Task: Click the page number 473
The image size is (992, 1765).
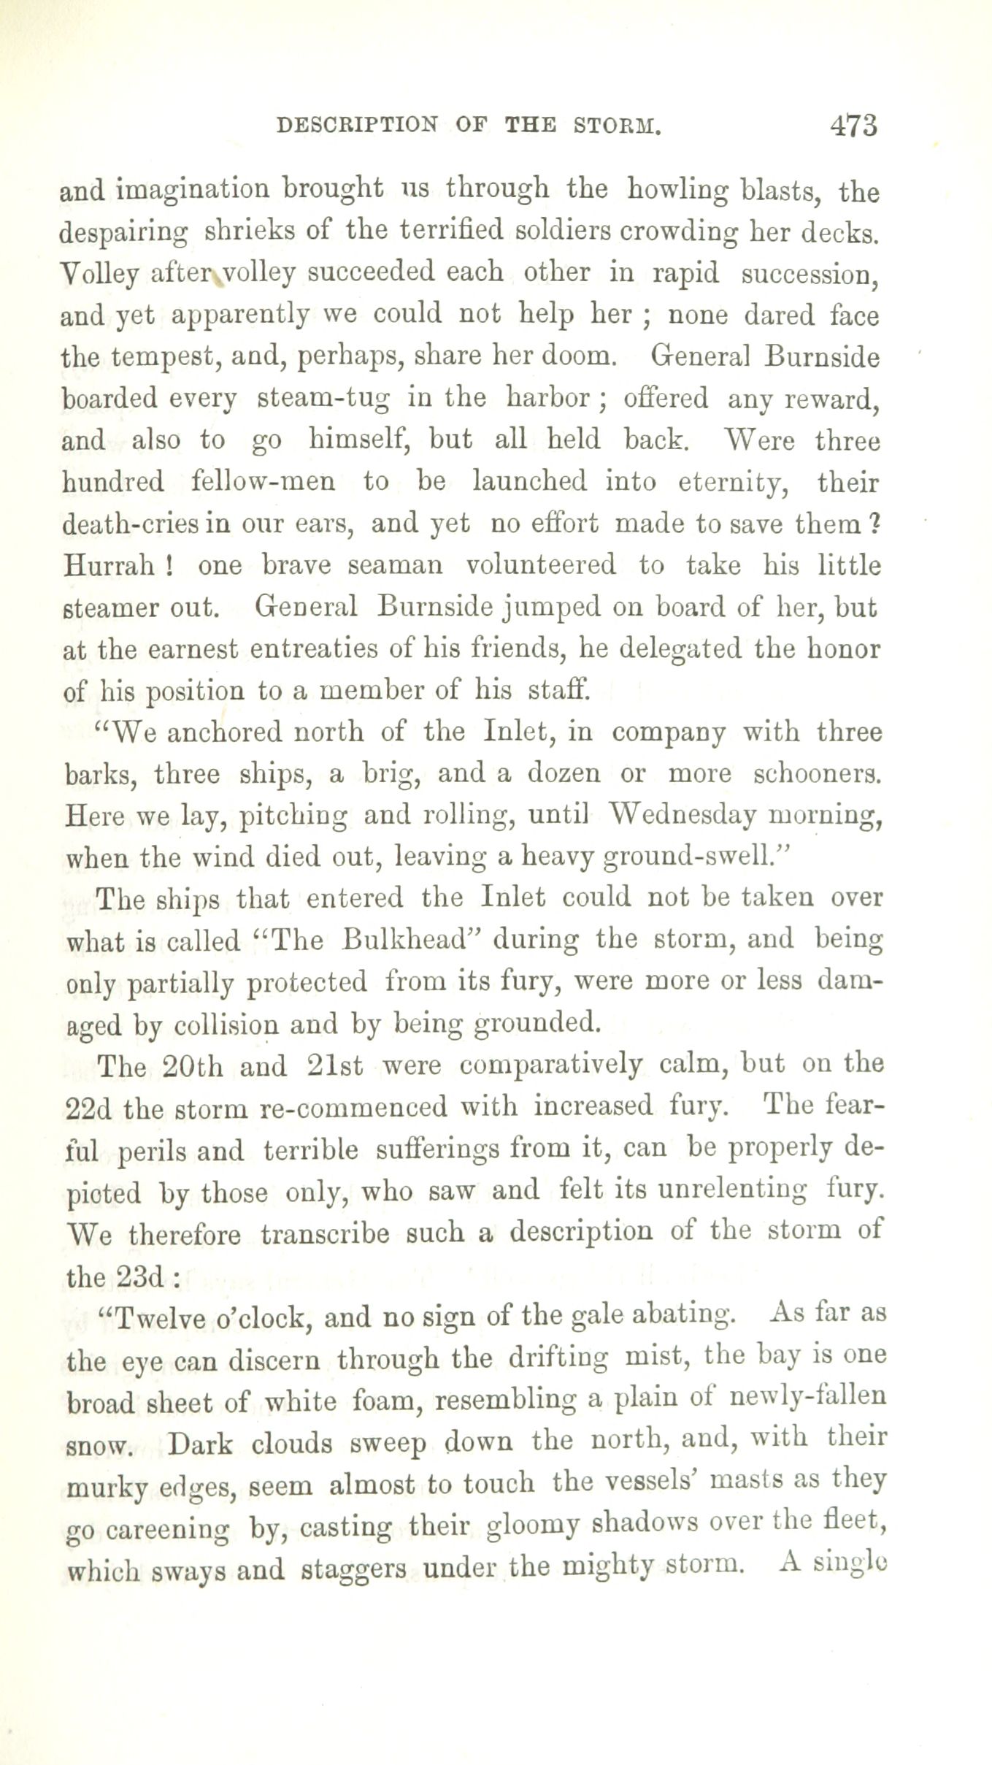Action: pyautogui.click(x=853, y=125)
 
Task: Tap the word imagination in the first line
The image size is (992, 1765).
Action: pyautogui.click(x=193, y=191)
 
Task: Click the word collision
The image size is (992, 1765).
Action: pyautogui.click(x=228, y=1025)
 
